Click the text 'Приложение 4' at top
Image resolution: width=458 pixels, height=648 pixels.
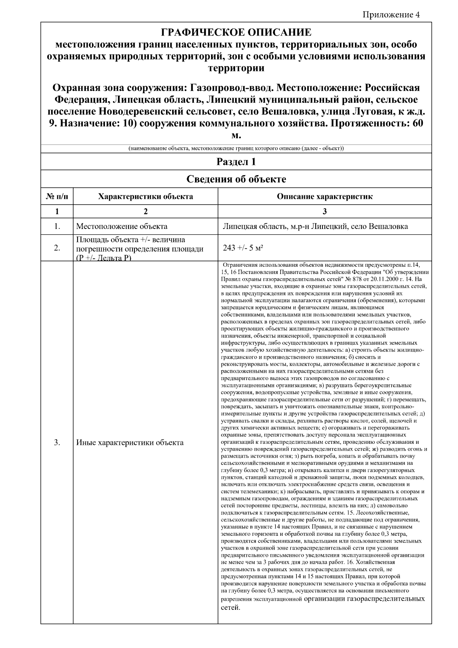click(391, 15)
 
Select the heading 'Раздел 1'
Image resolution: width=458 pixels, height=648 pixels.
click(236, 162)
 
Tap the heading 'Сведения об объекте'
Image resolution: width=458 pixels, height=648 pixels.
click(236, 179)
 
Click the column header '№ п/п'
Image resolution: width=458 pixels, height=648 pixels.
click(57, 197)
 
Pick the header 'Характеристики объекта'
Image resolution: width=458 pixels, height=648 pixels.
click(145, 197)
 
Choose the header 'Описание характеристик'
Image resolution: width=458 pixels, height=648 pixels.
click(324, 197)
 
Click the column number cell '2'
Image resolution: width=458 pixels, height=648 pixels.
click(145, 211)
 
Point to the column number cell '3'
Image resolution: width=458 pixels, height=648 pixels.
click(324, 211)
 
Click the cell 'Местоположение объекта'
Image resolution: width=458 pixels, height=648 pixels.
click(122, 226)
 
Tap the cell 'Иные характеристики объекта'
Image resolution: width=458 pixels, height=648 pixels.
click(130, 443)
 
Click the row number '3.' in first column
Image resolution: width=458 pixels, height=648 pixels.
click(57, 443)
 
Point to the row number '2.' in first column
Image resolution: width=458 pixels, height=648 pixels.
click(57, 248)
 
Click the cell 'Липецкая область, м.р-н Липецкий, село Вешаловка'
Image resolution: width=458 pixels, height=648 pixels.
click(315, 226)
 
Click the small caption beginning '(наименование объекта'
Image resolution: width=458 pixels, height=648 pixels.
click(236, 148)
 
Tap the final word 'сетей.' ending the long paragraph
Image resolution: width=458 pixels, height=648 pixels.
click(231, 607)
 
